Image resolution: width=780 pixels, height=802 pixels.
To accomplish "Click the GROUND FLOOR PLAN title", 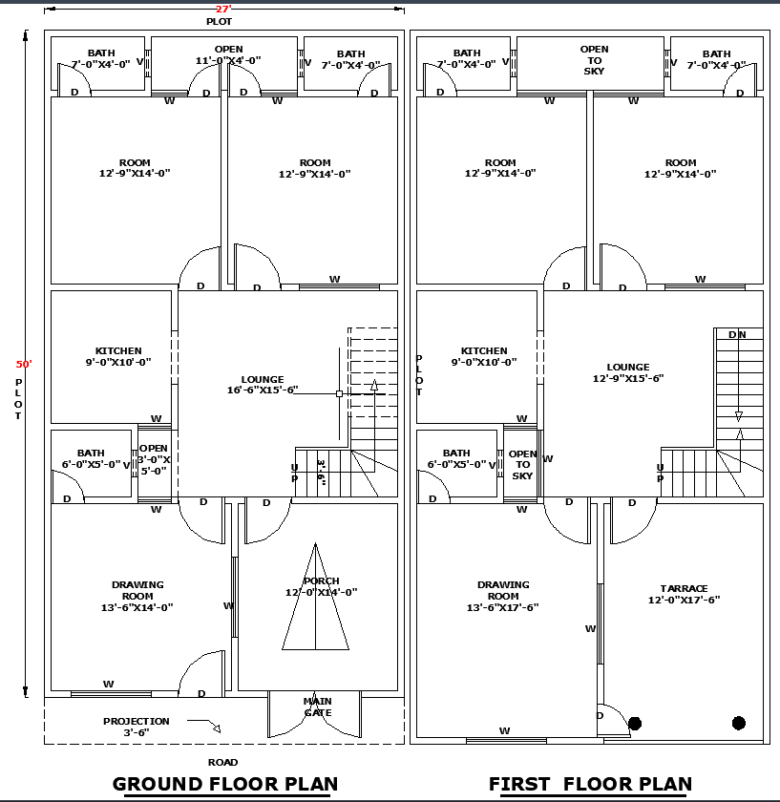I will [224, 785].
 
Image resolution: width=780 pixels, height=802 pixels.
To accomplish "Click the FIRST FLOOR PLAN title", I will [590, 785].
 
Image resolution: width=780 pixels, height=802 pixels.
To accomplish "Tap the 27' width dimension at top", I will [223, 8].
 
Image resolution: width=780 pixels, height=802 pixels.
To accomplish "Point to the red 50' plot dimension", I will [24, 364].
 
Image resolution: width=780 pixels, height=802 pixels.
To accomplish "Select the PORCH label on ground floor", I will [321, 581].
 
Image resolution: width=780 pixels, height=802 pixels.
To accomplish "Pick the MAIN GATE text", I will [318, 707].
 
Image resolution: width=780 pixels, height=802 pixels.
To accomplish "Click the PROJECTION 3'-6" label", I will [137, 727].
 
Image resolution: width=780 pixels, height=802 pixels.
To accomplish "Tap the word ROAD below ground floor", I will [222, 762].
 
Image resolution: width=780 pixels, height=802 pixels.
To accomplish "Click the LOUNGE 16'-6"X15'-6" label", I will [262, 385].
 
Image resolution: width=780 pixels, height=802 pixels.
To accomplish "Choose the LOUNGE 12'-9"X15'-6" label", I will [627, 372].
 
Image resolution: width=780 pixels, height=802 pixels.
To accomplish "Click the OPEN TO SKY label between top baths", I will [594, 60].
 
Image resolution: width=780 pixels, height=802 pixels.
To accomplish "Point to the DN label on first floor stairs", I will [737, 334].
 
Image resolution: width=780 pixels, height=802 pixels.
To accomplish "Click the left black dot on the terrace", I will [635, 723].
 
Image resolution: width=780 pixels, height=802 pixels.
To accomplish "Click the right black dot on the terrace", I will [738, 723].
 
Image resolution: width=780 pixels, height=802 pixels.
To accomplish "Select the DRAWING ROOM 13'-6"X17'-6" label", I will [503, 596].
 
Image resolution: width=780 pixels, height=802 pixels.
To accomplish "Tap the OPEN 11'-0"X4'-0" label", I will [228, 55].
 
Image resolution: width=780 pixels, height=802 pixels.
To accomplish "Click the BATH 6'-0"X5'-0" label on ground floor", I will [91, 459].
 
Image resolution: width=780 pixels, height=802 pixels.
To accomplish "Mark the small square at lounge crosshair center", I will [339, 393].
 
